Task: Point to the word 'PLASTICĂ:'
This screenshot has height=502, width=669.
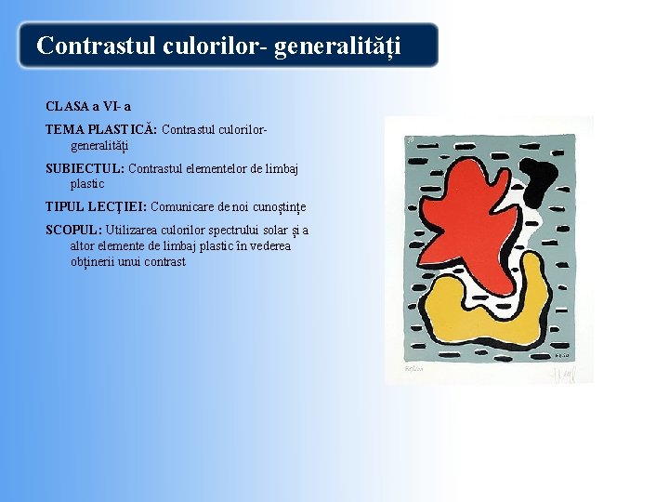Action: click(x=124, y=129)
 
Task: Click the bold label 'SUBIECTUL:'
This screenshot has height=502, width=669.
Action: click(x=85, y=168)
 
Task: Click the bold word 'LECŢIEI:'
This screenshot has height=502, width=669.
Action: click(x=119, y=206)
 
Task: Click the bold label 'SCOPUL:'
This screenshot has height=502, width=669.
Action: click(x=74, y=230)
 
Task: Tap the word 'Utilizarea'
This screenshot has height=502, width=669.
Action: click(x=134, y=230)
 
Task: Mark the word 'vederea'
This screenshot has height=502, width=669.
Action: click(x=269, y=245)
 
